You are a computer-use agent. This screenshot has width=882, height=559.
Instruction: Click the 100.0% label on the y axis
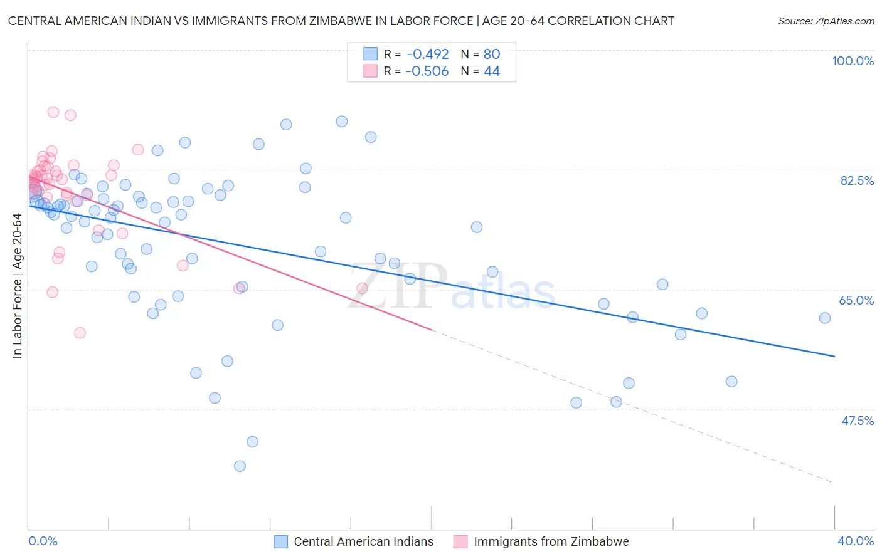853,61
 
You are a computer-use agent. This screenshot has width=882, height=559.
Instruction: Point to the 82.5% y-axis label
857,180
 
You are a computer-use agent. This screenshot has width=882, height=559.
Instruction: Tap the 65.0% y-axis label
856,300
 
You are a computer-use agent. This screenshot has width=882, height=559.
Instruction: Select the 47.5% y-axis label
858,421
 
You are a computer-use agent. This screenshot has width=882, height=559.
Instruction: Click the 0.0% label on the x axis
43,541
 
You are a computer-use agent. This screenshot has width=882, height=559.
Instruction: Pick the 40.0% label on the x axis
856,541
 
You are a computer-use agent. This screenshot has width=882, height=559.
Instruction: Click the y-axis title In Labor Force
17,286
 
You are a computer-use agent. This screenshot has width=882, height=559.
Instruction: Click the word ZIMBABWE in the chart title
346,21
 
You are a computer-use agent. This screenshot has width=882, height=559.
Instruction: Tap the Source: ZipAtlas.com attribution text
826,21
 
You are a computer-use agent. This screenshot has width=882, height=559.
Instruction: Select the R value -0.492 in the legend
427,54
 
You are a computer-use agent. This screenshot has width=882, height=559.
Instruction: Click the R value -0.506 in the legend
427,71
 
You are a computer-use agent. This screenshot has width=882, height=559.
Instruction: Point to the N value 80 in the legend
492,54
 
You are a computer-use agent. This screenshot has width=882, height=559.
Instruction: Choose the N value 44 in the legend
492,71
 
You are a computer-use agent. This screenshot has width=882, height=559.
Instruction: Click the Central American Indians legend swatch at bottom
281,541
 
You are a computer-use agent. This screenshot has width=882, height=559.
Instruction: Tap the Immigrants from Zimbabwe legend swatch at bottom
460,541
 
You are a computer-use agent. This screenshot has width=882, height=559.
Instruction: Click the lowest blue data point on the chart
240,466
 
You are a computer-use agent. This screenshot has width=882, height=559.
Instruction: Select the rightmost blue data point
825,318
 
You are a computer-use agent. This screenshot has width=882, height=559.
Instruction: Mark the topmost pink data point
53,112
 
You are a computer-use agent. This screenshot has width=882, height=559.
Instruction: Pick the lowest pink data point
80,333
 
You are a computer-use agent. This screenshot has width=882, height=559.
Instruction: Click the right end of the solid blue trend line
835,356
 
